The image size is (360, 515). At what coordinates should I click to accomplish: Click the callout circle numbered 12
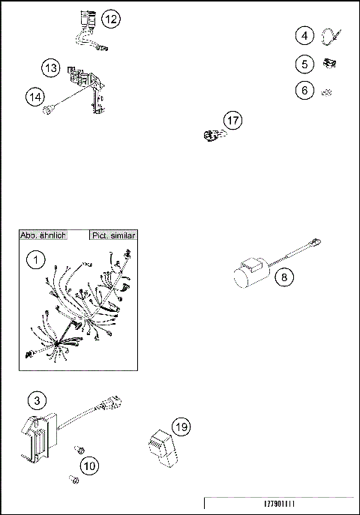pos(109,19)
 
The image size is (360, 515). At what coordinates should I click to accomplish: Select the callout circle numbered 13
pos(51,68)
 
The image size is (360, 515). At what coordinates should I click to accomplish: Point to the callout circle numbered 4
pos(304,35)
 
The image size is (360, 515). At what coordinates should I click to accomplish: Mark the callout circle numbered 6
pos(304,90)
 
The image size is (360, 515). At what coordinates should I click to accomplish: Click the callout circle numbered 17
pos(233,119)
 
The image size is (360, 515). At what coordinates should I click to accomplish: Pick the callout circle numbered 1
pos(35,260)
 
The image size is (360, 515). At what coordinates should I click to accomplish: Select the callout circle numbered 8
pos(284,277)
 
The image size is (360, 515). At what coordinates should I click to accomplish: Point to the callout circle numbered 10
pos(89,466)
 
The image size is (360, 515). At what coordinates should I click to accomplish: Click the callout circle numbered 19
pos(180,427)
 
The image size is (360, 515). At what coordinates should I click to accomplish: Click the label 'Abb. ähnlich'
pos(43,235)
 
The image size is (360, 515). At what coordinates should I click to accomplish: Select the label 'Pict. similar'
pos(112,235)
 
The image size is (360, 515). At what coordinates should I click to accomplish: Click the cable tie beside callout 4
pos(332,34)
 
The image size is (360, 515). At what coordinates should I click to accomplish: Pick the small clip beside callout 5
pos(328,63)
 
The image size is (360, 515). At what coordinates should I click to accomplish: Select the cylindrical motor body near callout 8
pos(248,277)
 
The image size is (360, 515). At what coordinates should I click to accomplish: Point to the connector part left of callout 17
pos(210,135)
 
